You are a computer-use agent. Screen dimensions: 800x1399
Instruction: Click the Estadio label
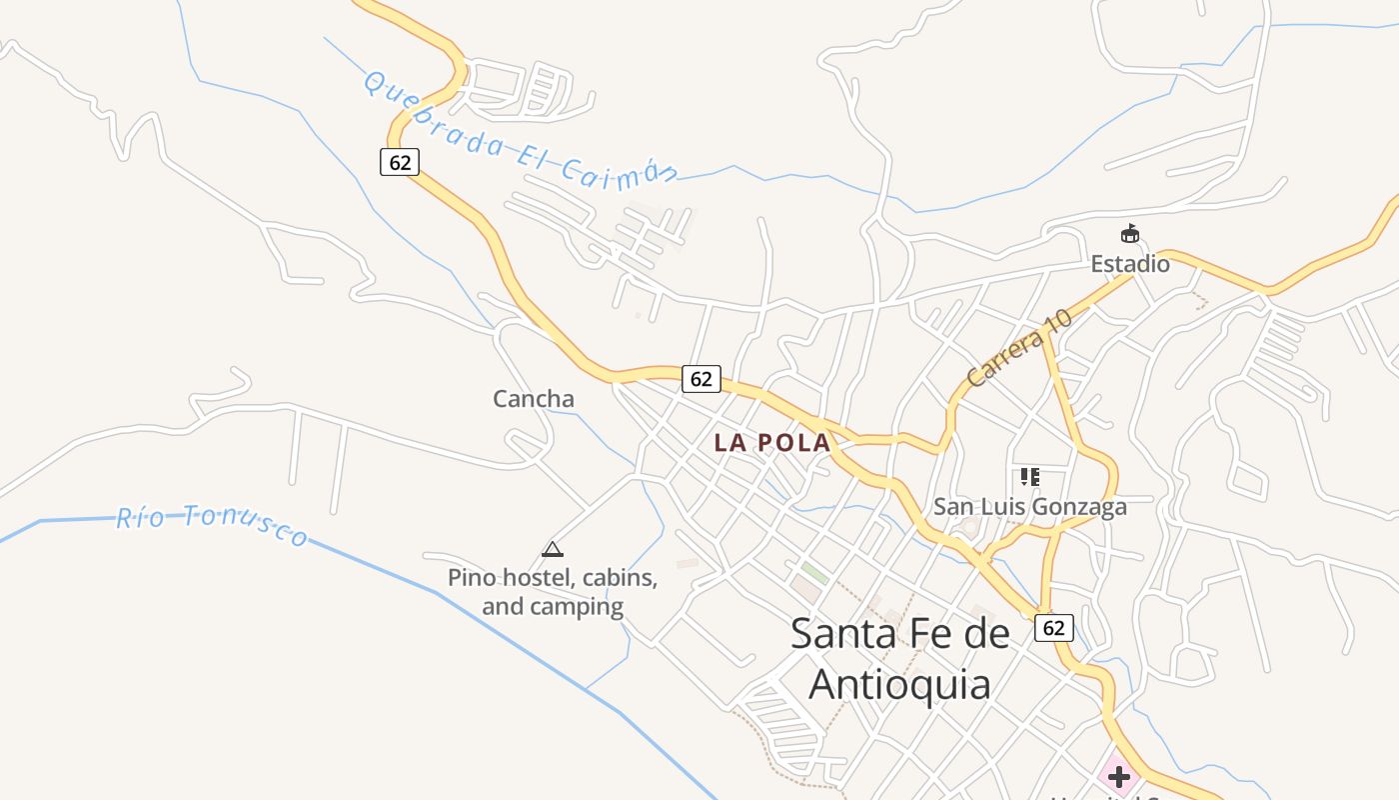pos(1129,264)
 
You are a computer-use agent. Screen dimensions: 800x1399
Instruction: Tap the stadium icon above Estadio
pos(1130,235)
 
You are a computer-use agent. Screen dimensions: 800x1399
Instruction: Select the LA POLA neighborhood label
pos(771,443)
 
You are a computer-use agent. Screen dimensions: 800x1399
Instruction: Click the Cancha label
pos(534,399)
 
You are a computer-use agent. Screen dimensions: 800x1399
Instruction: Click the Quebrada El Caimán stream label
pos(520,129)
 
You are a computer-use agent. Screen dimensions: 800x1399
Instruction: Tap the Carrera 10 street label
pos(1018,348)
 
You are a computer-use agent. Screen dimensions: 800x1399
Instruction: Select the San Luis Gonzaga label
pos(1029,507)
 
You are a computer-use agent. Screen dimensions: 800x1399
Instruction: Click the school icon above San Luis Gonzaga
pos(1030,477)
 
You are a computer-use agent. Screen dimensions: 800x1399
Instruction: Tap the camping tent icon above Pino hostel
pos(553,549)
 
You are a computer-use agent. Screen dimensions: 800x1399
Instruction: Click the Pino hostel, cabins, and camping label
pos(553,592)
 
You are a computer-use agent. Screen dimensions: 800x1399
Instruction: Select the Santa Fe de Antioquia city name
pos(899,659)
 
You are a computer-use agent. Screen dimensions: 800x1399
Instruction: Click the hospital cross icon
pos(1118,776)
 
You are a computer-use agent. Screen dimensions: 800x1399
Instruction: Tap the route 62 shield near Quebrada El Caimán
pos(400,162)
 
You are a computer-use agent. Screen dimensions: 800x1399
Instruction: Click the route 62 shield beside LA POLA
pos(701,379)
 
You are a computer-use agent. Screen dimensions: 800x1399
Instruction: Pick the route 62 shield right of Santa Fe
pos(1053,628)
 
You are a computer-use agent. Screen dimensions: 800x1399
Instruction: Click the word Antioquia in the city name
pos(899,685)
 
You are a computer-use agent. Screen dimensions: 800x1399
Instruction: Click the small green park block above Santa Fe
pos(814,574)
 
